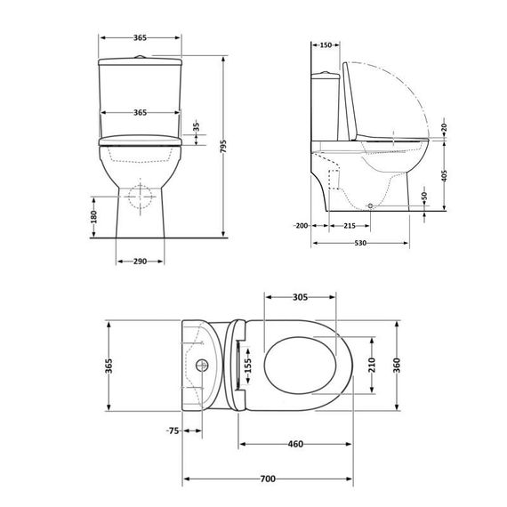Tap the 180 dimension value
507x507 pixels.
(x=93, y=217)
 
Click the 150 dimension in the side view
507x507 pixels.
(x=326, y=45)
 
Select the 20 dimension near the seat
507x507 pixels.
(x=443, y=128)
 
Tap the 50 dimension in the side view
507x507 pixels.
(x=425, y=196)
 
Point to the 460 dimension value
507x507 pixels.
(x=295, y=444)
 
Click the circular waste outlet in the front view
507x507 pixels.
(x=140, y=195)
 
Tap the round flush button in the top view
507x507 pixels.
(x=203, y=364)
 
